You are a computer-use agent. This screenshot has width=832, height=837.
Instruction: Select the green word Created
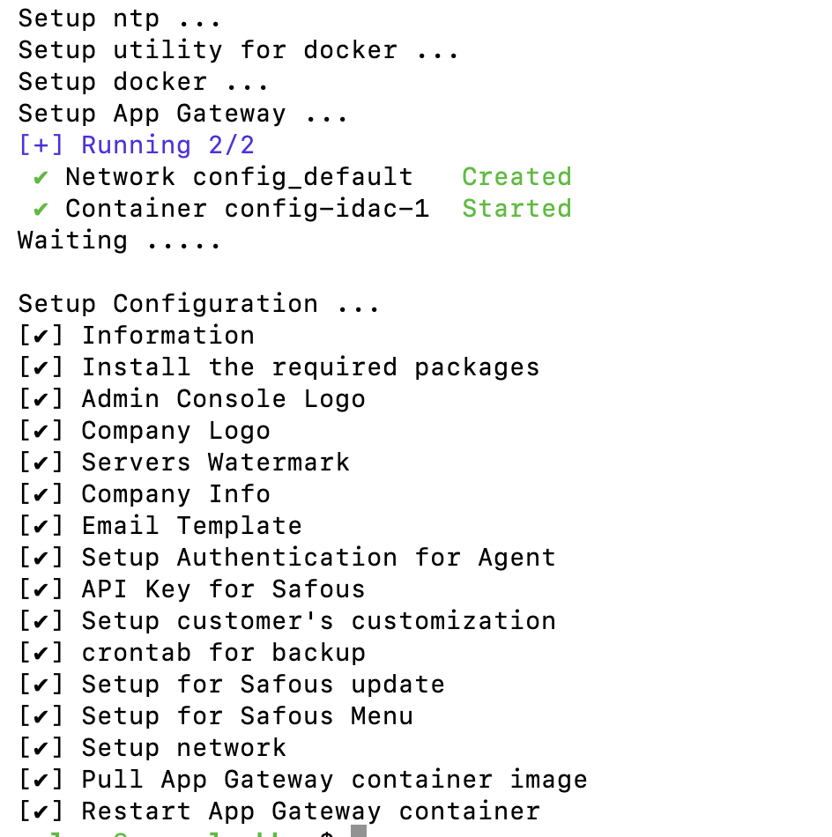516,177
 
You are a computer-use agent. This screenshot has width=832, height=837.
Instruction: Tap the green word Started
516,209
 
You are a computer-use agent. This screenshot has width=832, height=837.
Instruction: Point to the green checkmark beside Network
41,177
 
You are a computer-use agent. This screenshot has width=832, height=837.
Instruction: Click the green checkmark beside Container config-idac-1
41,209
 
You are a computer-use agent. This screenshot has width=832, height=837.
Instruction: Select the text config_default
302,177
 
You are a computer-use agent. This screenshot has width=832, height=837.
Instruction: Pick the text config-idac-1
326,209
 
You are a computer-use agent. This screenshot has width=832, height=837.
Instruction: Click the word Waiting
72,241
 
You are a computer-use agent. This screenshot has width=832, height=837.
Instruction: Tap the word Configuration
215,304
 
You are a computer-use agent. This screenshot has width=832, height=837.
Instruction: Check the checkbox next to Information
41,336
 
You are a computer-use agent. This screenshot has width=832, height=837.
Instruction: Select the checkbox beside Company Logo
41,431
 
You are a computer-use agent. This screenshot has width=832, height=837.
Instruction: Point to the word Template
239,526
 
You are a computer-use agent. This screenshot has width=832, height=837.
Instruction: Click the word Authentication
286,558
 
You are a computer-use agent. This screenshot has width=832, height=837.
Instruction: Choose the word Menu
382,716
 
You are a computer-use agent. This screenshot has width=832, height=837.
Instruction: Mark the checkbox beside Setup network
41,748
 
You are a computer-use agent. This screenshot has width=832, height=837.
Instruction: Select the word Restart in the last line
136,811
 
